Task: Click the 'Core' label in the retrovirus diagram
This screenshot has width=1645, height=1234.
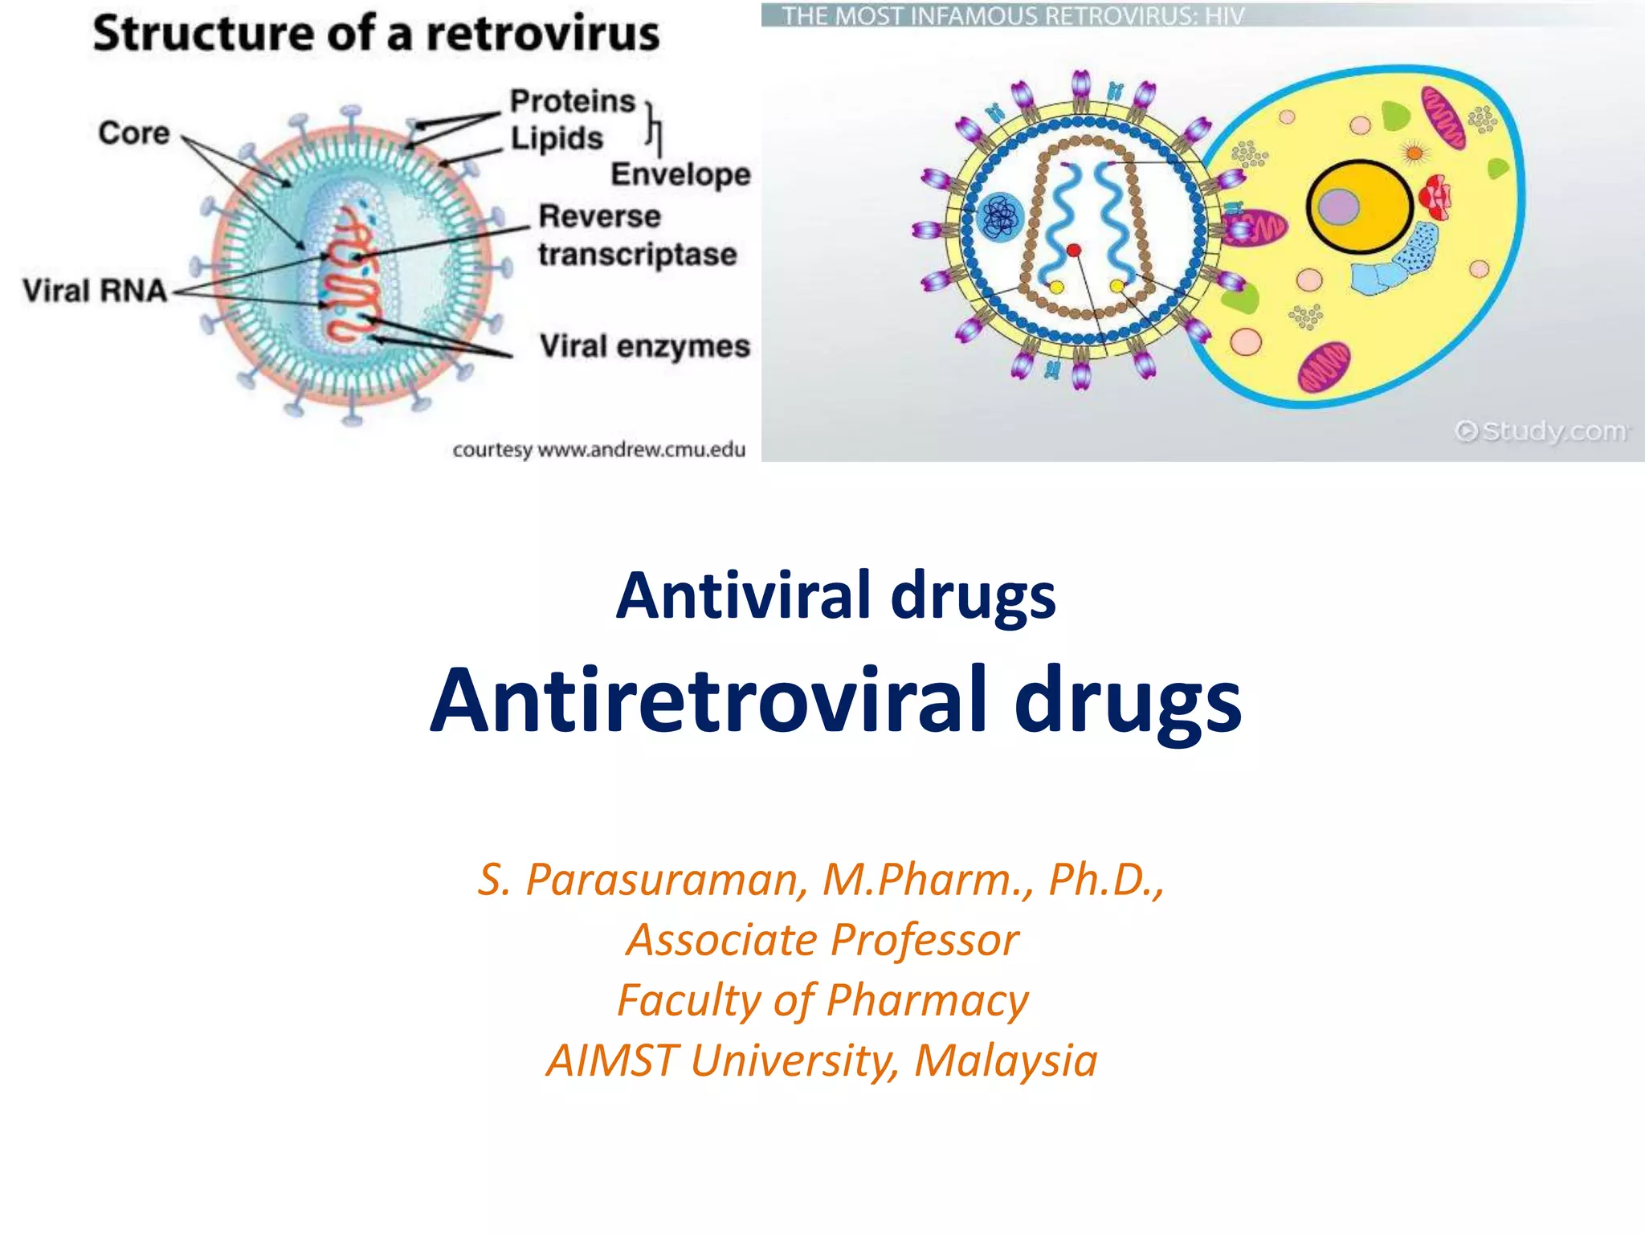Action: tap(134, 133)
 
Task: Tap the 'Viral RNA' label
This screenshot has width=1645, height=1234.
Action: tap(95, 290)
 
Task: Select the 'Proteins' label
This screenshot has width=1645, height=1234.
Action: tap(573, 101)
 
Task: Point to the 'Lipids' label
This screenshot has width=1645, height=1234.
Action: tap(557, 138)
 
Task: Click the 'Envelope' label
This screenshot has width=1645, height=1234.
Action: tap(680, 174)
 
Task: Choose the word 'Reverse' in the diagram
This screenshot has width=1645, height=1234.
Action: tap(599, 216)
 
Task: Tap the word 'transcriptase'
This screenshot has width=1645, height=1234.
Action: tap(638, 255)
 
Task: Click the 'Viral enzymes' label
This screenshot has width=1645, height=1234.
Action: tap(644, 346)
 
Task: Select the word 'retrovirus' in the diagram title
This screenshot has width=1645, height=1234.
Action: tap(542, 35)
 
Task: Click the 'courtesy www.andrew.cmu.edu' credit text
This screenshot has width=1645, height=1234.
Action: tap(598, 450)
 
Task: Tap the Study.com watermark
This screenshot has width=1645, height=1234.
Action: tap(1541, 431)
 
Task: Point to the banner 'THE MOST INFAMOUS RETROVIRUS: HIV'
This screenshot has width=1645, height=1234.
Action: tap(1013, 16)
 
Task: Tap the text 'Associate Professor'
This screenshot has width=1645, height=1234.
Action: tap(822, 940)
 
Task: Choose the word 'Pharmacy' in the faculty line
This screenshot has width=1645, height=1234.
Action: tap(927, 1000)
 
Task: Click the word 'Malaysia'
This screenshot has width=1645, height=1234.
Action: tap(1006, 1060)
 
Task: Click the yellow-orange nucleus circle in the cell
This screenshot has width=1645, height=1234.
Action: tap(1360, 206)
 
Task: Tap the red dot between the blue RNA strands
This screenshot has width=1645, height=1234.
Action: tap(1074, 251)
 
